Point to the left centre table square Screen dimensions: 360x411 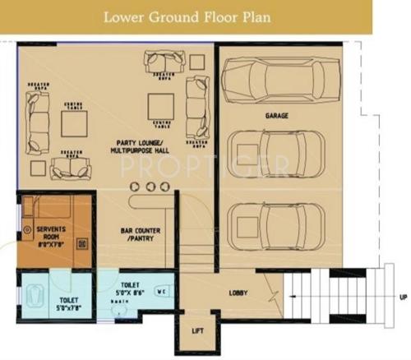coord(74,122)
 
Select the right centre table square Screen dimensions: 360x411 coord(160,105)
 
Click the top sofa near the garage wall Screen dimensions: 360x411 coord(161,61)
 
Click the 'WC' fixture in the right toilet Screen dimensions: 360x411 coord(161,290)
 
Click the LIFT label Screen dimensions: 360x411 coord(197,330)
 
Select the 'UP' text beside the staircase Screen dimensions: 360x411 coord(401,295)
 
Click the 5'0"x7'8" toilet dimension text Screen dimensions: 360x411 coord(67,309)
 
